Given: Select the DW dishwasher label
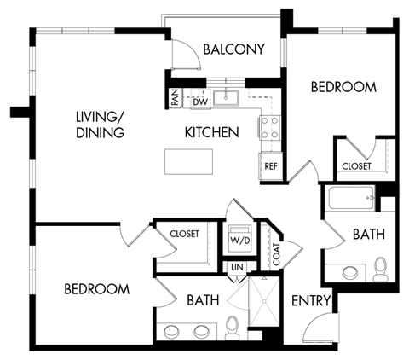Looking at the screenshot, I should point(200,102).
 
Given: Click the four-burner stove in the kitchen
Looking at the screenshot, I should point(271,128).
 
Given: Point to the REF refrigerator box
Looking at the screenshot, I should point(271,165).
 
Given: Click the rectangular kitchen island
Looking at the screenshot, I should point(187,161).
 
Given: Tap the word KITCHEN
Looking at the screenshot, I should point(211,133).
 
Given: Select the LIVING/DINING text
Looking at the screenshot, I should point(100,125).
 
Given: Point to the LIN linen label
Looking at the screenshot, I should point(237,269).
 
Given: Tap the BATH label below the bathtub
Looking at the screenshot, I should point(368,233).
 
